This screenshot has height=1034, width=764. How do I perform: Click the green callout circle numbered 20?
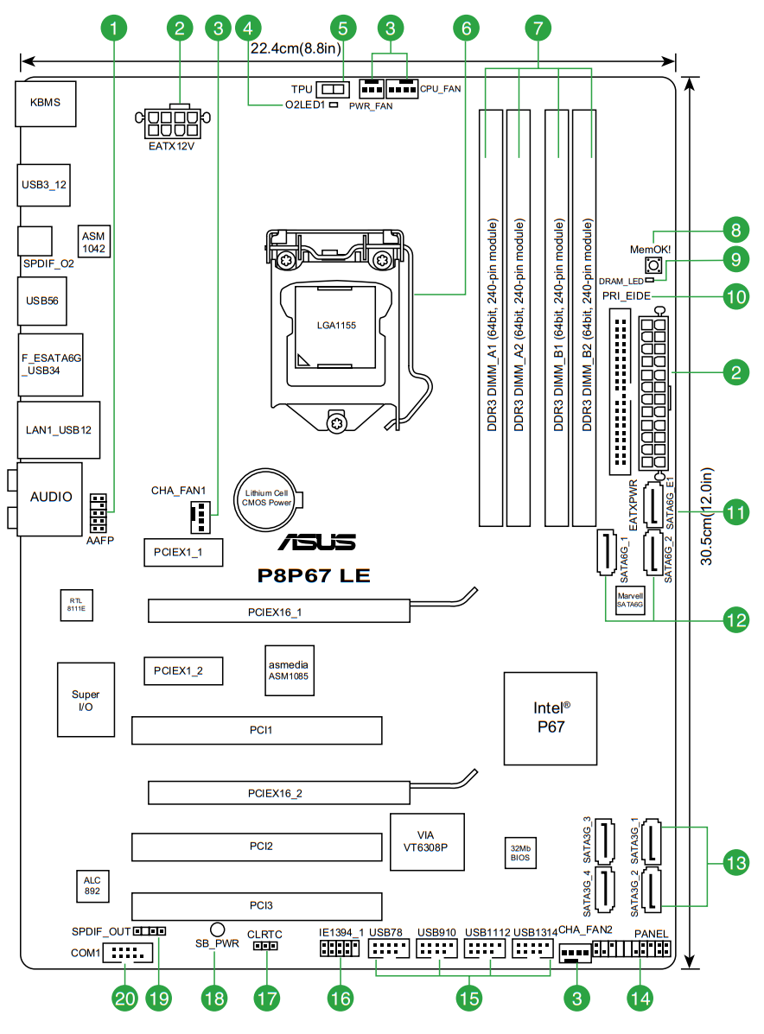click(x=126, y=998)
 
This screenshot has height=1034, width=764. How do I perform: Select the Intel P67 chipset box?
click(x=550, y=717)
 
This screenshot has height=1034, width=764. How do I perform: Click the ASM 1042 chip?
click(x=93, y=243)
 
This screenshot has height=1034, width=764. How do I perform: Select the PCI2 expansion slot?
click(x=258, y=847)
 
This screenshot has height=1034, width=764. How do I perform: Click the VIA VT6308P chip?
click(x=427, y=841)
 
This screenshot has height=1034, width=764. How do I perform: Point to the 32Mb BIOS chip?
click(x=520, y=853)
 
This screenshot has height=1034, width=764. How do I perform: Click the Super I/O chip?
click(x=86, y=700)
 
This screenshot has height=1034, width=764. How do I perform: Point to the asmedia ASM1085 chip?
click(x=287, y=670)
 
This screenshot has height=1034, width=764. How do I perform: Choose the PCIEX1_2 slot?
click(x=183, y=669)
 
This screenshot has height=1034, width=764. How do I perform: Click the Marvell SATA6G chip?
click(x=630, y=601)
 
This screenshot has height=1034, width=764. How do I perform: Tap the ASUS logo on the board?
click(x=316, y=542)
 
